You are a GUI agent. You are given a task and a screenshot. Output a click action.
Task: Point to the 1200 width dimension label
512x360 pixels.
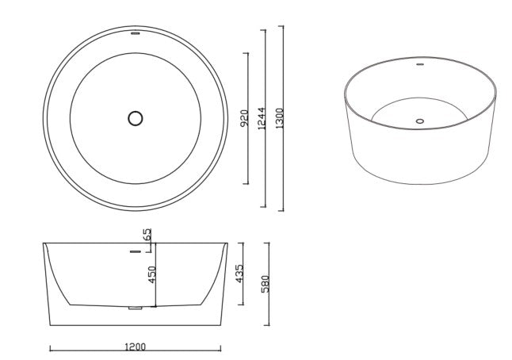pyautogui.click(x=135, y=347)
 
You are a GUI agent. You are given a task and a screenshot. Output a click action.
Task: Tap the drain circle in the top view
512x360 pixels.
pyautogui.click(x=135, y=118)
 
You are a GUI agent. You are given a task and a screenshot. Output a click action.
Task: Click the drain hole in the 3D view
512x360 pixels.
pyautogui.click(x=420, y=121)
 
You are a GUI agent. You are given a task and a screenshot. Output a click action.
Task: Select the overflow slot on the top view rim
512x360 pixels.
pyautogui.click(x=135, y=34)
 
